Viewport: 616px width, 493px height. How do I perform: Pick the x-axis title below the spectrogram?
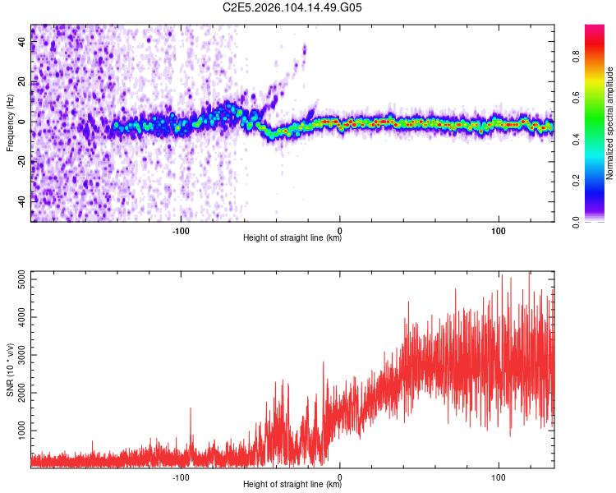click(x=292, y=238)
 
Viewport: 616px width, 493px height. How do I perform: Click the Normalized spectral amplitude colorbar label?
click(x=610, y=123)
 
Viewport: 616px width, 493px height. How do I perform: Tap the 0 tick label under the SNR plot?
click(x=340, y=476)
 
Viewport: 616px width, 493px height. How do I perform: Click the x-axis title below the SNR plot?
click(x=292, y=485)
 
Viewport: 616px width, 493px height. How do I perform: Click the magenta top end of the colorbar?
click(x=595, y=30)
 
